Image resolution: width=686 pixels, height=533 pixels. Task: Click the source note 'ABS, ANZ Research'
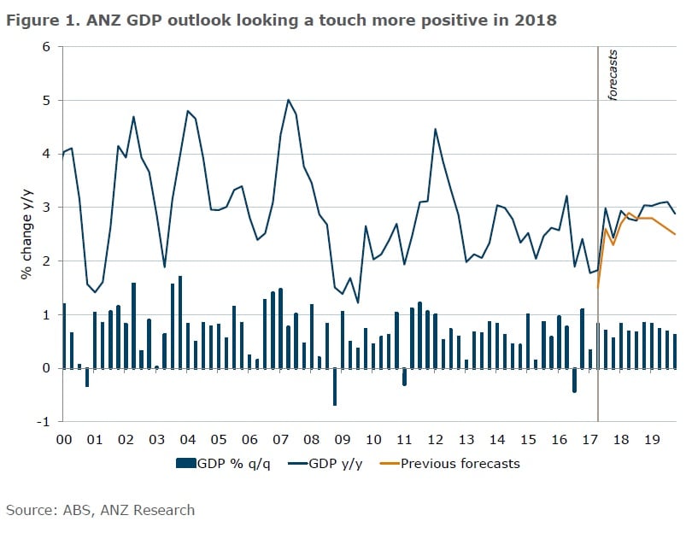(x=100, y=510)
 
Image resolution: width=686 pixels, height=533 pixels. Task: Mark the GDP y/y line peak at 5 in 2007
(x=288, y=100)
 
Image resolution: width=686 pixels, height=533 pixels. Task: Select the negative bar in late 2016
(x=574, y=380)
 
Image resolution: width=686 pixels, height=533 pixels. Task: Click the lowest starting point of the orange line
(x=597, y=288)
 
